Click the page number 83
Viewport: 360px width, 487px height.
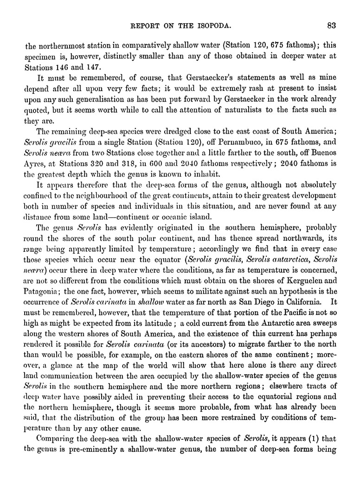(331, 25)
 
